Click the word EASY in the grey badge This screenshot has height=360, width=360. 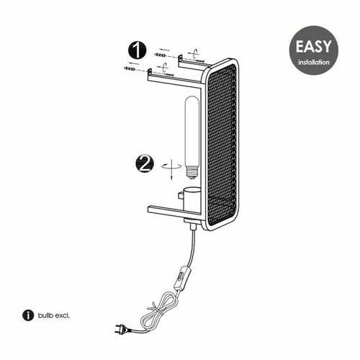(313, 46)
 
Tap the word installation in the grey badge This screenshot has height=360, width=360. (314, 63)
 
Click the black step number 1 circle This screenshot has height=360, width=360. (137, 50)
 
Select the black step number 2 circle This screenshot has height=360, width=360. (145, 164)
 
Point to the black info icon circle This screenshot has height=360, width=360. (28, 315)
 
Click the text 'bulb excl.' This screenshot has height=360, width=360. (53, 315)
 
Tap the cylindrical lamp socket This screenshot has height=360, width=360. (192, 199)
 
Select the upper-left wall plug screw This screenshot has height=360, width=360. (160, 55)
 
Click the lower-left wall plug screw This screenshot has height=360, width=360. (130, 69)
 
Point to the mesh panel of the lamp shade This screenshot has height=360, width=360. (222, 144)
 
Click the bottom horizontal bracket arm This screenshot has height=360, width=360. (174, 210)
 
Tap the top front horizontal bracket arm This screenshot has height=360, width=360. (174, 78)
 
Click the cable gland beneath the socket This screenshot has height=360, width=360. (192, 225)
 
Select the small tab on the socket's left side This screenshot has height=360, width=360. (181, 195)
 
